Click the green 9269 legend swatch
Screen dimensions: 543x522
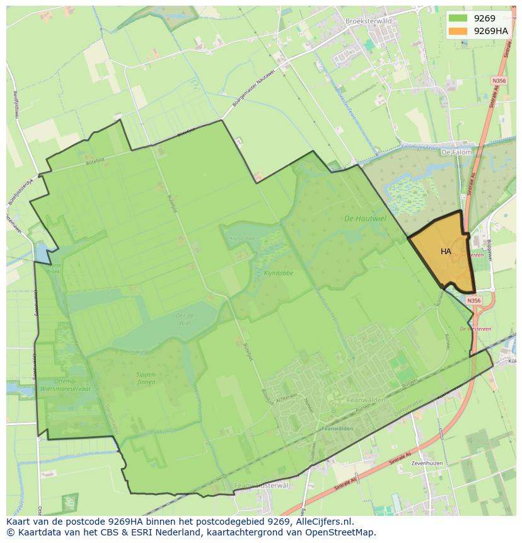tap(458, 18)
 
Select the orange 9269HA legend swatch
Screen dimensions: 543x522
tap(458, 31)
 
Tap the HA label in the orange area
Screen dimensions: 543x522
tap(446, 252)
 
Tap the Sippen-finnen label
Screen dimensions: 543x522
tap(146, 378)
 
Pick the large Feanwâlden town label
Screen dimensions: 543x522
tap(366, 400)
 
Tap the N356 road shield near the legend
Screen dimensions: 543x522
tap(499, 81)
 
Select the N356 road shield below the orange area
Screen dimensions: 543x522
tap(474, 301)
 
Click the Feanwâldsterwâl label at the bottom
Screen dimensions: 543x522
tap(260, 485)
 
